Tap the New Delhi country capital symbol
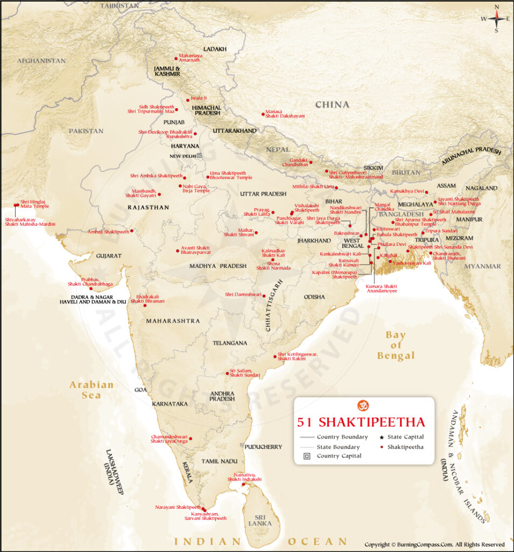(199, 156)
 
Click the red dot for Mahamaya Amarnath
(176, 58)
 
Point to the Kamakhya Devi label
(407, 191)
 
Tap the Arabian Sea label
(91, 389)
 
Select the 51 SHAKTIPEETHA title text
(361, 422)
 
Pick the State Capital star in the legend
(381, 437)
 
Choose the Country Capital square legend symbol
(305, 456)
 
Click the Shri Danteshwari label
(243, 294)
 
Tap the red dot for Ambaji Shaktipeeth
(132, 231)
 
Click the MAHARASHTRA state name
(172, 321)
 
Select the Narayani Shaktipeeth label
(178, 507)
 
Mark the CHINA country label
(332, 105)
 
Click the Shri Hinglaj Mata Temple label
(34, 204)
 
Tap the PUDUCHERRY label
(263, 447)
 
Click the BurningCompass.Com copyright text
(434, 544)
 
